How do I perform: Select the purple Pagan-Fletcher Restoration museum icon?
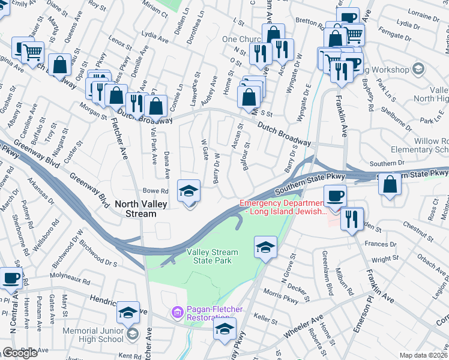176,313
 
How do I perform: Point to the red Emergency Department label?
282,207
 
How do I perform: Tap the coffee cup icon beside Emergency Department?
336,195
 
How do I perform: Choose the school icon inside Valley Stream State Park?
264,247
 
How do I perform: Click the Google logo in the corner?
19,353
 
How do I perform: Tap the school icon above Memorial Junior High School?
128,311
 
